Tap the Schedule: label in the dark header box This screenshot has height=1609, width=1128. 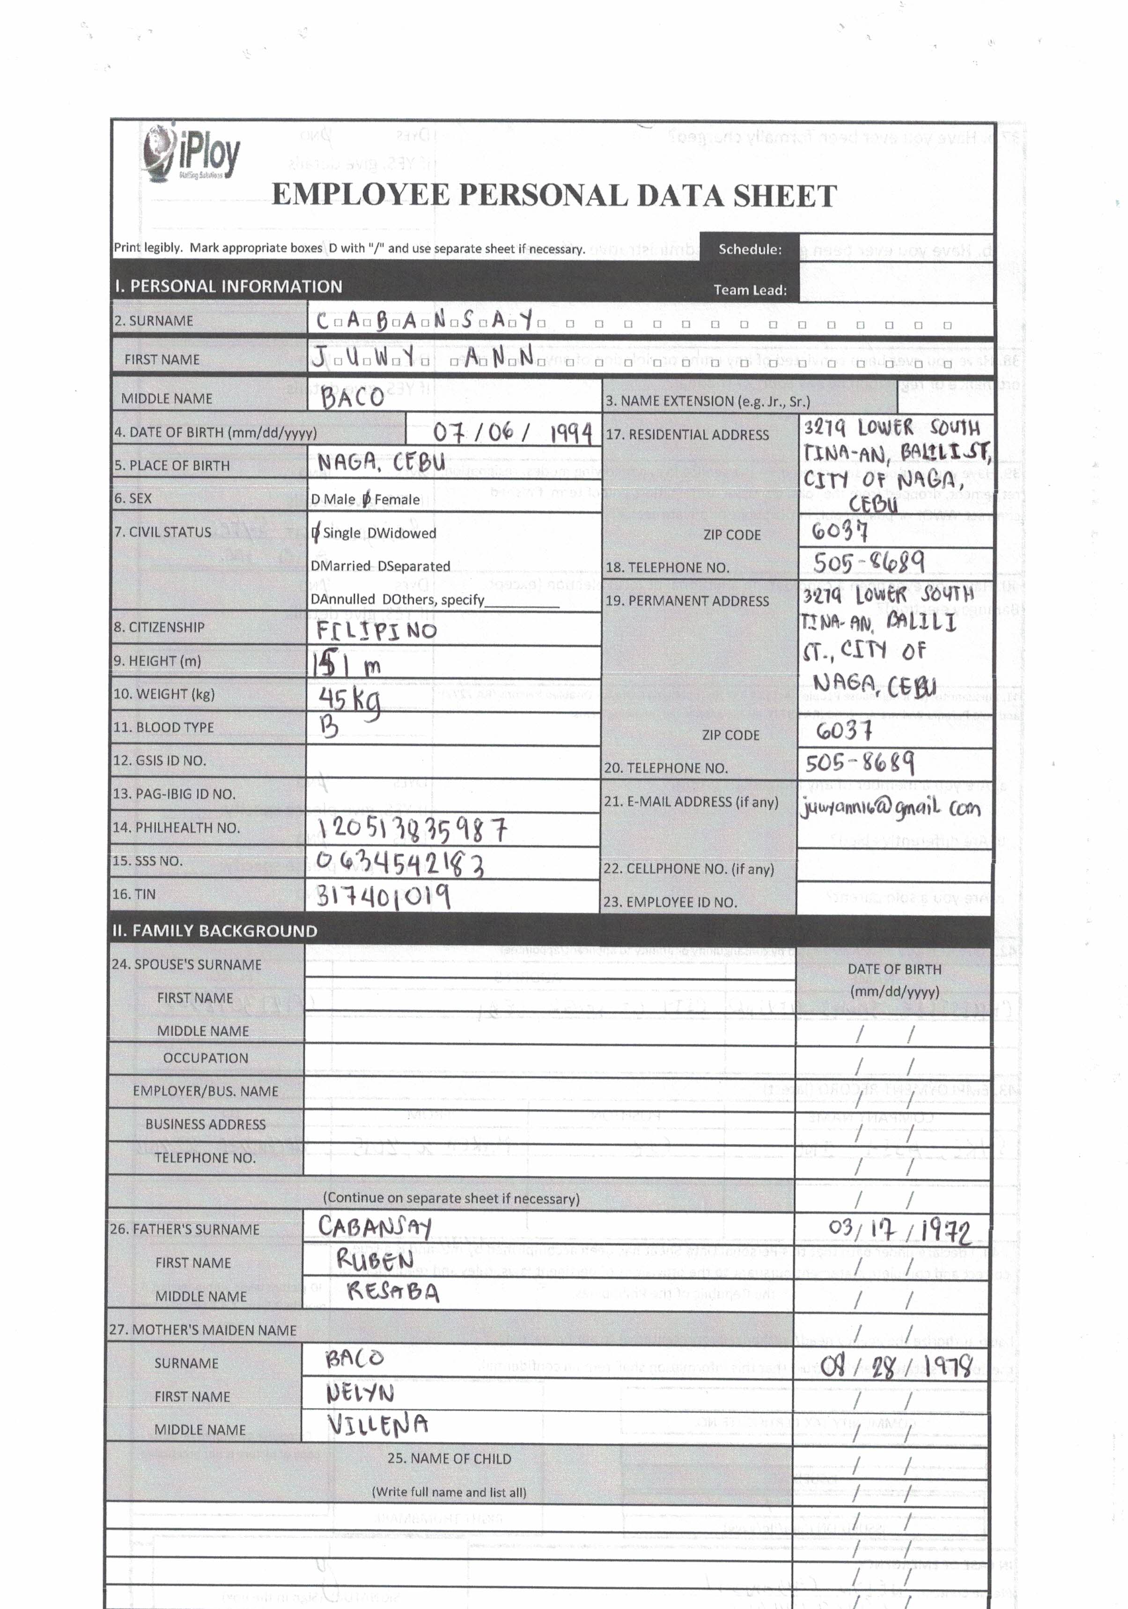pyautogui.click(x=750, y=249)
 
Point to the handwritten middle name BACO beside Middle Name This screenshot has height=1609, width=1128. pyautogui.click(x=353, y=397)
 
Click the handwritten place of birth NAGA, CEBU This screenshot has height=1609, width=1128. pyautogui.click(x=381, y=463)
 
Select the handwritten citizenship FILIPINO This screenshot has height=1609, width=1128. pyautogui.click(x=376, y=630)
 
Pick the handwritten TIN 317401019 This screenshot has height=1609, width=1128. pyautogui.click(x=383, y=895)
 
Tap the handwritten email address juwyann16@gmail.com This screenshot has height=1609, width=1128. pyautogui.click(x=890, y=808)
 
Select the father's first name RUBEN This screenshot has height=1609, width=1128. pyautogui.click(x=375, y=1259)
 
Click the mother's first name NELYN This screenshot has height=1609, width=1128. pyautogui.click(x=361, y=1393)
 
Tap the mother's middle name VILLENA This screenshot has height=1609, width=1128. pyautogui.click(x=377, y=1425)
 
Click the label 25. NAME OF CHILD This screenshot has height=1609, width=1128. pyautogui.click(x=449, y=1458)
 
